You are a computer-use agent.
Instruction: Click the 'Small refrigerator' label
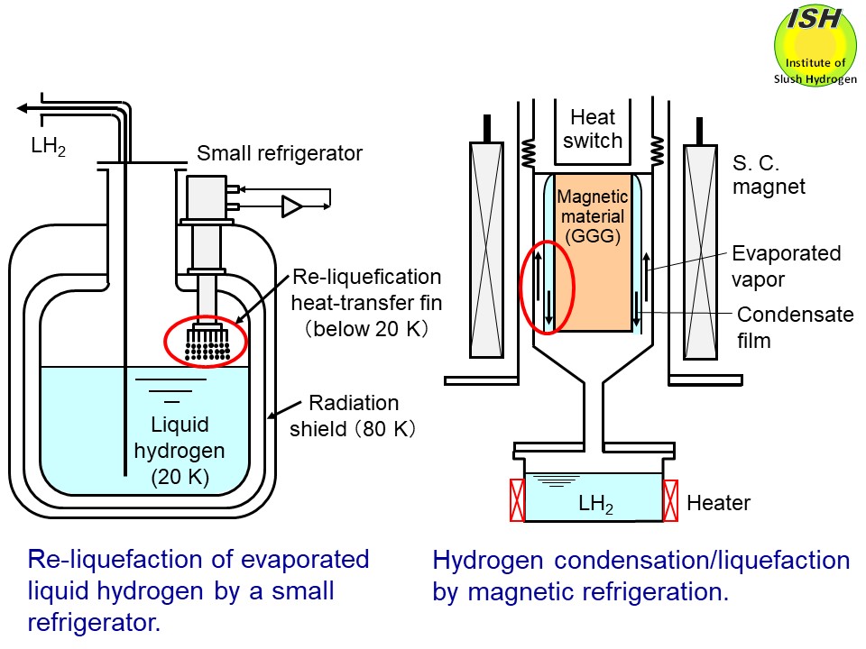[280, 153]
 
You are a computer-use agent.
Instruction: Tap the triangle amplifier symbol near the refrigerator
[292, 206]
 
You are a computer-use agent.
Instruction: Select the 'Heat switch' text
[593, 129]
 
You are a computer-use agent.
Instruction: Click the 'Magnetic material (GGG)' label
[591, 216]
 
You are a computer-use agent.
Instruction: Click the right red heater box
[672, 500]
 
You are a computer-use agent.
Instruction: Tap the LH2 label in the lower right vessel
[595, 506]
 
